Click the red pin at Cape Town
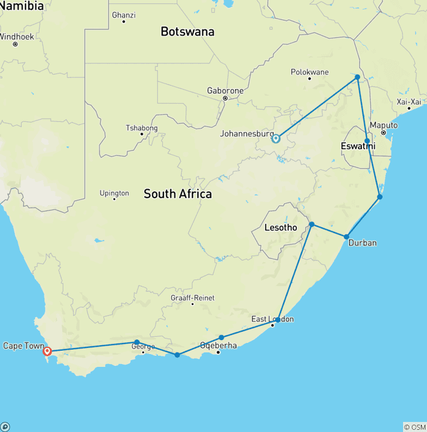(47, 351)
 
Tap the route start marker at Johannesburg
(276, 138)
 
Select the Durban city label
(363, 243)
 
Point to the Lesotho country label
(280, 228)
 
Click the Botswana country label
(187, 32)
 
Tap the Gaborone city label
(225, 90)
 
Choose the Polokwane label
(310, 72)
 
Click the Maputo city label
(384, 125)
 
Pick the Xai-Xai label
(409, 101)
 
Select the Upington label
(114, 193)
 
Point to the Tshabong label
(142, 128)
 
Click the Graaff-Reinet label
(192, 298)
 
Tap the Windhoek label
(16, 37)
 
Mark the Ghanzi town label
(123, 15)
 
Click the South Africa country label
(177, 194)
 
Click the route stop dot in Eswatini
(367, 141)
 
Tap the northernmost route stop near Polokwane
(358, 77)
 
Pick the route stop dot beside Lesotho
(312, 224)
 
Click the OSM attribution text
(414, 427)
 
